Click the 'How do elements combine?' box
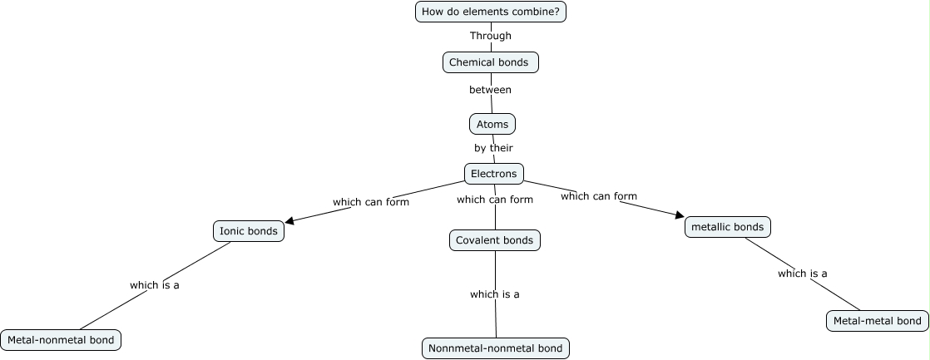tap(490, 12)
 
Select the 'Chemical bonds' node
tap(490, 62)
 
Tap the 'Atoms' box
tap(492, 124)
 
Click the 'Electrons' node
tap(493, 174)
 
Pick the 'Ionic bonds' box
tap(248, 231)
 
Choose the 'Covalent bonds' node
tap(495, 240)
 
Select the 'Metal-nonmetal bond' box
tap(62, 340)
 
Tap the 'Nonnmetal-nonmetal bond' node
tap(497, 348)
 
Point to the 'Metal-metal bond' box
tap(877, 321)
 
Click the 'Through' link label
tap(490, 36)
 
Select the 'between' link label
tap(490, 90)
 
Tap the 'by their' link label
tap(493, 148)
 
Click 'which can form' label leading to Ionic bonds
tap(370, 202)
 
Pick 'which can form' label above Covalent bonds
tap(495, 200)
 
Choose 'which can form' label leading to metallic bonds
tap(599, 196)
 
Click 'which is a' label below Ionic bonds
tap(155, 285)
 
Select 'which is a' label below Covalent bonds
tap(495, 294)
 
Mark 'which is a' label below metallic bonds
tap(803, 274)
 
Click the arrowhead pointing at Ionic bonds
tap(289, 222)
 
